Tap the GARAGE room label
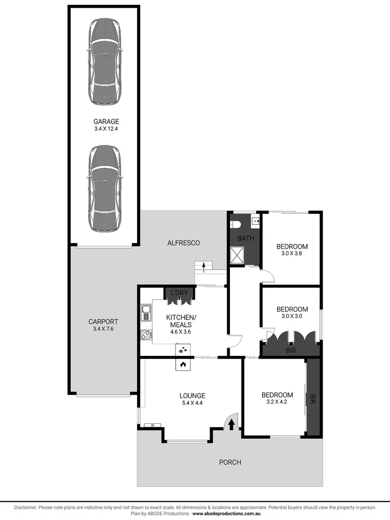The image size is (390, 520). click(106, 122)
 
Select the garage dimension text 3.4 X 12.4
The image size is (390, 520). click(106, 129)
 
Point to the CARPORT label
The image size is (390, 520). click(103, 322)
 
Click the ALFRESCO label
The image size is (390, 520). click(184, 243)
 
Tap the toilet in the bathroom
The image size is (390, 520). click(235, 224)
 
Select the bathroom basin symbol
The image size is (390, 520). click(255, 221)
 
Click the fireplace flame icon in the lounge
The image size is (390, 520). click(183, 365)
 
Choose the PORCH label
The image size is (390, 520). click(230, 462)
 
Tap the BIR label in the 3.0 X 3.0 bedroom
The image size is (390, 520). click(291, 351)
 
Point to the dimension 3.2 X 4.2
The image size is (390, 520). click(277, 402)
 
